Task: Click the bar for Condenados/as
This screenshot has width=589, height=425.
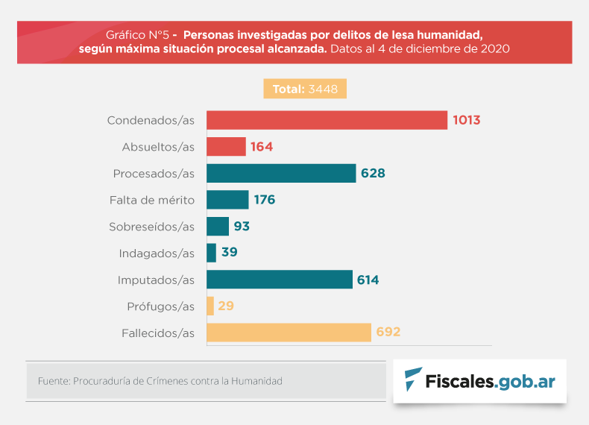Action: click(327, 120)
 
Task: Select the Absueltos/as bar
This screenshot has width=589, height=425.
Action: click(226, 147)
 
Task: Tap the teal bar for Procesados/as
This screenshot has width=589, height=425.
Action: click(281, 174)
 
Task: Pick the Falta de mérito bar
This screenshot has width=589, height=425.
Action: click(227, 200)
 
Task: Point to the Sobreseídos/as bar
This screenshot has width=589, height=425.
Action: click(218, 227)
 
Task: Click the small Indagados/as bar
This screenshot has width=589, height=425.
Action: click(211, 253)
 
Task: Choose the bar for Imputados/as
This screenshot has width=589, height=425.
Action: click(280, 280)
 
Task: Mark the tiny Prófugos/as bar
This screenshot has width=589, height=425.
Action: click(210, 306)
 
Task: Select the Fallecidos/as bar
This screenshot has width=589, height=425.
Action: click(289, 333)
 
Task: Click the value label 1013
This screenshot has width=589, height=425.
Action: click(465, 120)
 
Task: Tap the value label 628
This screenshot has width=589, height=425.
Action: click(373, 174)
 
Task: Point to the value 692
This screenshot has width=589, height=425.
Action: click(388, 333)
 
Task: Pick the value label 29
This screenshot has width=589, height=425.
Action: click(226, 306)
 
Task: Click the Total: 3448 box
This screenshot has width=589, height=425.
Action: click(305, 89)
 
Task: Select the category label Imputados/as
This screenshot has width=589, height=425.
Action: click(156, 280)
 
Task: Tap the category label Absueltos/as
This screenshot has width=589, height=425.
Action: click(158, 147)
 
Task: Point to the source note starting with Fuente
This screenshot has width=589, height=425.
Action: click(160, 381)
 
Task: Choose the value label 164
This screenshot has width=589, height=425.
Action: click(262, 147)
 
